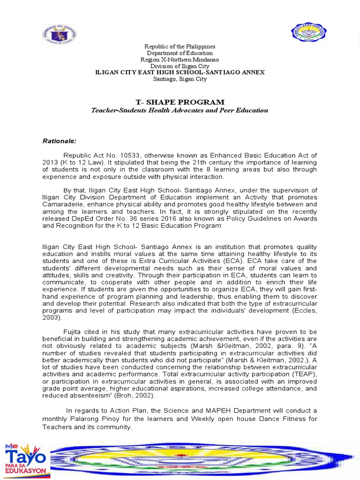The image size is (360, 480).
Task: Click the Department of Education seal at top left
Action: [59, 34]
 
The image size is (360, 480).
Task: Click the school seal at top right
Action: [308, 32]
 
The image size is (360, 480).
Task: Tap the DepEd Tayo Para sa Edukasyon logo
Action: [25, 461]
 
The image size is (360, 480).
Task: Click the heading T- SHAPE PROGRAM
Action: [180, 102]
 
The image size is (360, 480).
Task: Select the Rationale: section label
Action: [60, 141]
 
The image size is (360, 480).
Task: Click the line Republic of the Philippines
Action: [180, 46]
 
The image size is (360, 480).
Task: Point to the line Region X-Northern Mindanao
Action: [180, 60]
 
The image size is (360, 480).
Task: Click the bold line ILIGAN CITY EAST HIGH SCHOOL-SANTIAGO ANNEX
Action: [180, 73]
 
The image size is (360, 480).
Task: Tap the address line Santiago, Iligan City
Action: [180, 79]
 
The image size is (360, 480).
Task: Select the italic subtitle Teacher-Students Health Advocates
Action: [180, 111]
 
